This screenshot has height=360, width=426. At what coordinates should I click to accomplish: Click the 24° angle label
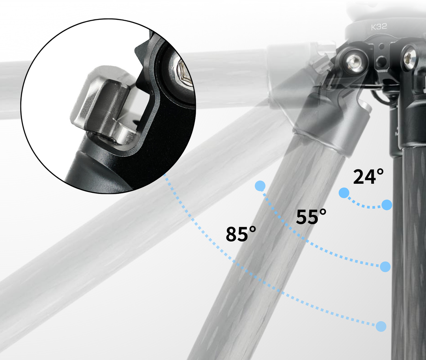click(x=368, y=177)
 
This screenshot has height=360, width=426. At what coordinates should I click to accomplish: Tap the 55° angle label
click(x=311, y=216)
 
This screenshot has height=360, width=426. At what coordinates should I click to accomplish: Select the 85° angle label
click(x=241, y=234)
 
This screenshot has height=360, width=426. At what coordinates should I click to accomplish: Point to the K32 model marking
click(x=379, y=27)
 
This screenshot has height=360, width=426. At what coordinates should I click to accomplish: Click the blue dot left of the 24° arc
click(x=344, y=193)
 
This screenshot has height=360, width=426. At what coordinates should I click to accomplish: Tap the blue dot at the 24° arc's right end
click(x=387, y=205)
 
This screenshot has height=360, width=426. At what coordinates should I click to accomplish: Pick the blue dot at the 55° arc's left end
click(x=260, y=186)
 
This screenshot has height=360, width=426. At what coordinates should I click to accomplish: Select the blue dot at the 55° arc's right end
click(x=385, y=267)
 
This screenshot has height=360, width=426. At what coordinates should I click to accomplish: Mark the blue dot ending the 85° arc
click(x=381, y=326)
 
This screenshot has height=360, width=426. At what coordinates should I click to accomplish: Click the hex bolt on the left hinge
click(x=355, y=62)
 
